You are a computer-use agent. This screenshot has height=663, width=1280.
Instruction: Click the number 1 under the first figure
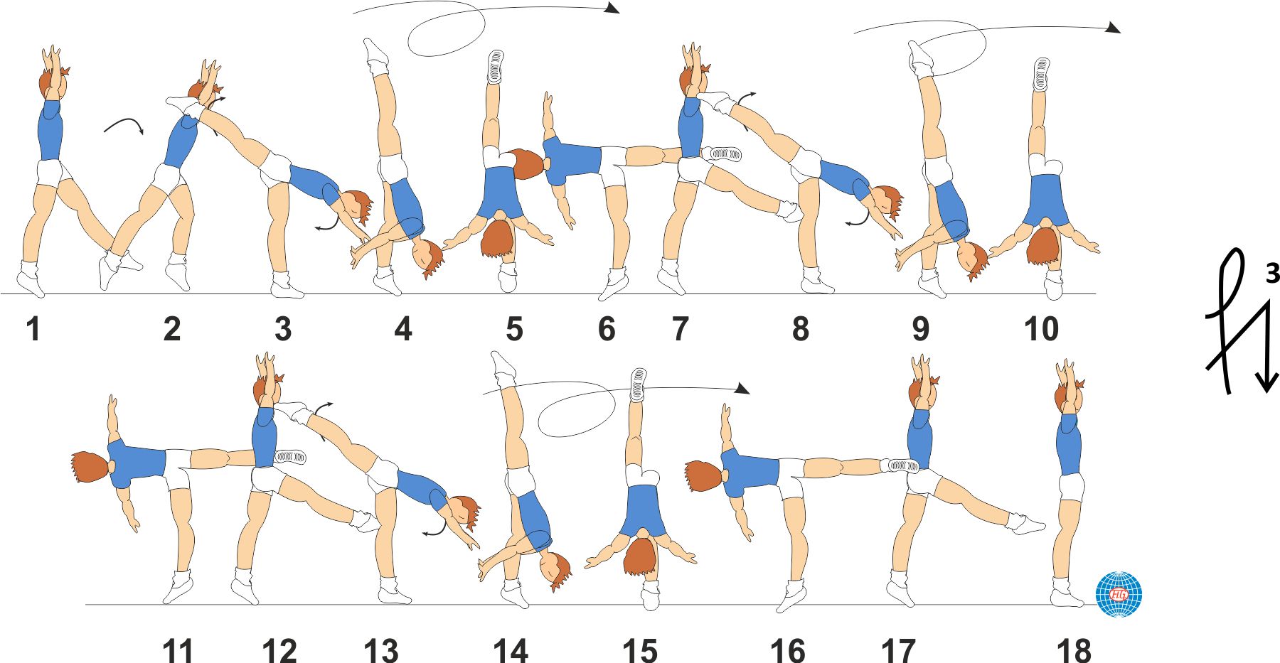pyautogui.click(x=33, y=329)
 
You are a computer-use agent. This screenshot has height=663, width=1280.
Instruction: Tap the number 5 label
pyautogui.click(x=514, y=329)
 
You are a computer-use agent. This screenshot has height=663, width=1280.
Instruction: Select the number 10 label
pyautogui.click(x=1041, y=329)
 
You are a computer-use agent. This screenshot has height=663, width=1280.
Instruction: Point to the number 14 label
pyautogui.click(x=511, y=650)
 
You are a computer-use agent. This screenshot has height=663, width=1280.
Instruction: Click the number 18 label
pyautogui.click(x=1074, y=650)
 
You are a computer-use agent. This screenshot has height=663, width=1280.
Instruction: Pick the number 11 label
pyautogui.click(x=178, y=650)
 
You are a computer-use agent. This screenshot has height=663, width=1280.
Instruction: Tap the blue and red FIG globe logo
pyautogui.click(x=1119, y=594)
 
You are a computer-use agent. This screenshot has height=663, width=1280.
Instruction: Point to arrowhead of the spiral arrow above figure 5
pyautogui.click(x=612, y=8)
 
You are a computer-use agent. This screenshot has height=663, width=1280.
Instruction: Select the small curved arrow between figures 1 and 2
pyautogui.click(x=124, y=125)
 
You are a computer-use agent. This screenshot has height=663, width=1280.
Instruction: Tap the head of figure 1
pyautogui.click(x=53, y=82)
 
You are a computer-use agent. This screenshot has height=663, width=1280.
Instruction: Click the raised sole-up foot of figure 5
pyautogui.click(x=496, y=67)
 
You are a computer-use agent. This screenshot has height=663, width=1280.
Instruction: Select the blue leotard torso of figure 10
pyautogui.click(x=1045, y=200)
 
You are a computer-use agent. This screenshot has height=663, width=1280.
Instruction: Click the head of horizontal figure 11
pyautogui.click(x=91, y=467)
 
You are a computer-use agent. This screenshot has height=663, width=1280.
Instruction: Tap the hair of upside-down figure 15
pyautogui.click(x=640, y=557)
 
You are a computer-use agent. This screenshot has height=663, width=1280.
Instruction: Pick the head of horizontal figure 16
pyautogui.click(x=705, y=476)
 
